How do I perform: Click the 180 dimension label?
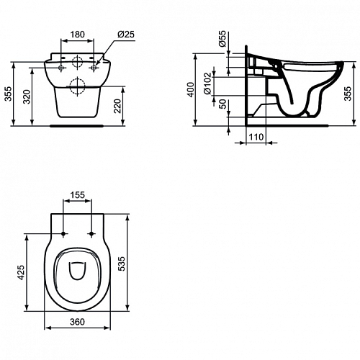click(77, 35)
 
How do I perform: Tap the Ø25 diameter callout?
click(126, 35)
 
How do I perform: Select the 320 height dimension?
click(27, 96)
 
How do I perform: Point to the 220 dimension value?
click(117, 106)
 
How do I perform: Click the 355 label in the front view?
click(9, 94)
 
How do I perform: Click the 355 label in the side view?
click(348, 94)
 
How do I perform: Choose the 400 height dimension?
click(191, 89)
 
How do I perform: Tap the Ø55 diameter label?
click(222, 38)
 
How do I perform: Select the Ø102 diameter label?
click(207, 84)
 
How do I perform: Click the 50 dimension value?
click(223, 104)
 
